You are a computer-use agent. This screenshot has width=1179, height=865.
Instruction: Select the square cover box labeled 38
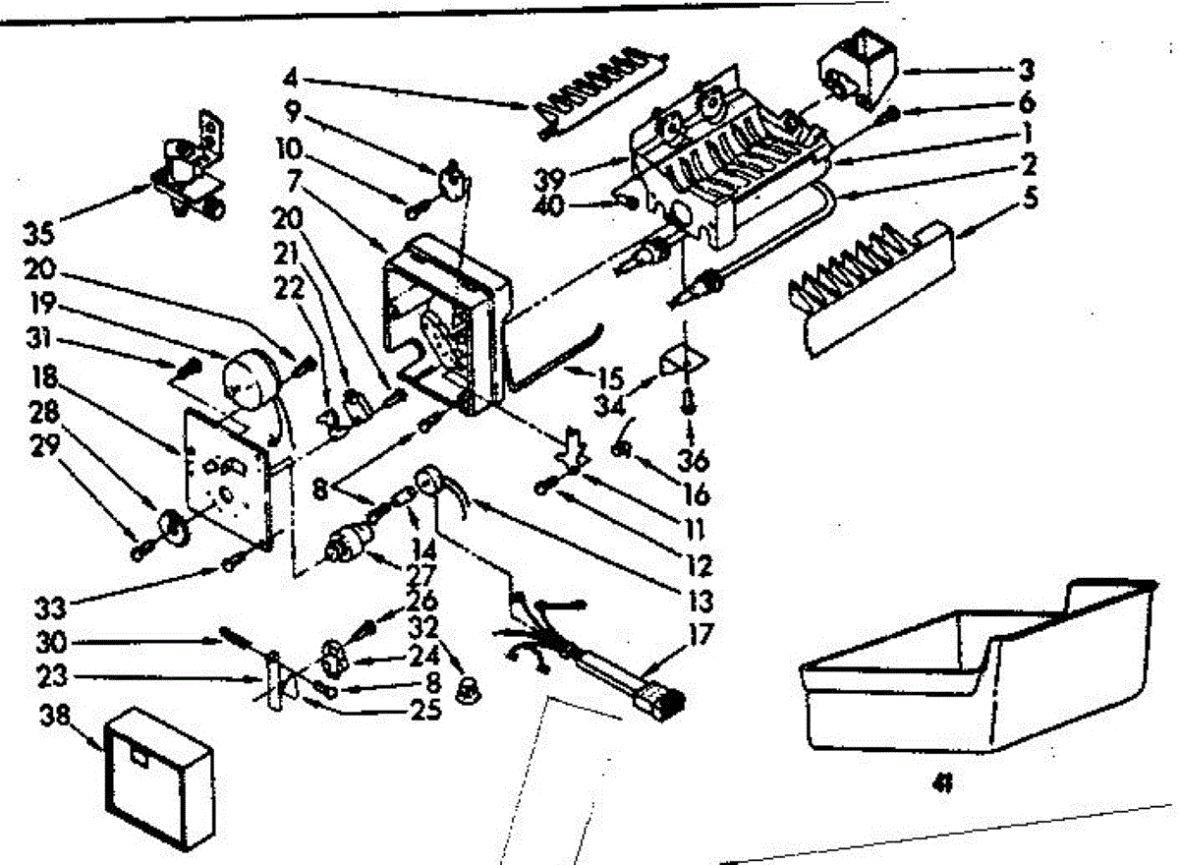click(157, 777)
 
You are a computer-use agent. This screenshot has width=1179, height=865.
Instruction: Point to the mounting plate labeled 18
click(226, 477)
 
